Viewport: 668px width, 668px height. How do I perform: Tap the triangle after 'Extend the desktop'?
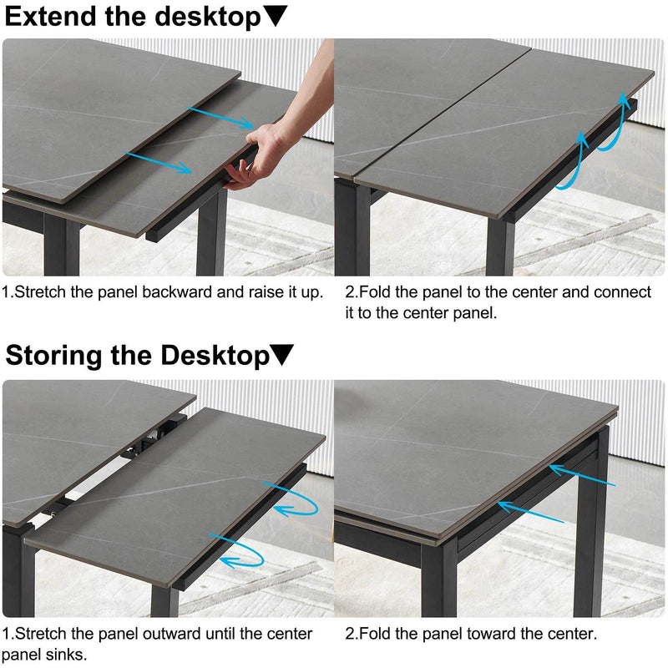point(276,17)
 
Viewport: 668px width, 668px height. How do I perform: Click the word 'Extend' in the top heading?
point(49,17)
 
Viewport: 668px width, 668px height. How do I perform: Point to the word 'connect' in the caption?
point(619,293)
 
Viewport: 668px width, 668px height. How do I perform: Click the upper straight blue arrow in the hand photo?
point(220,117)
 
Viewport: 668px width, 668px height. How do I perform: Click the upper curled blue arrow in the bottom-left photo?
point(292,499)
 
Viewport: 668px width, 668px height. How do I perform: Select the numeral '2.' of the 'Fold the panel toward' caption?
point(351,634)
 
